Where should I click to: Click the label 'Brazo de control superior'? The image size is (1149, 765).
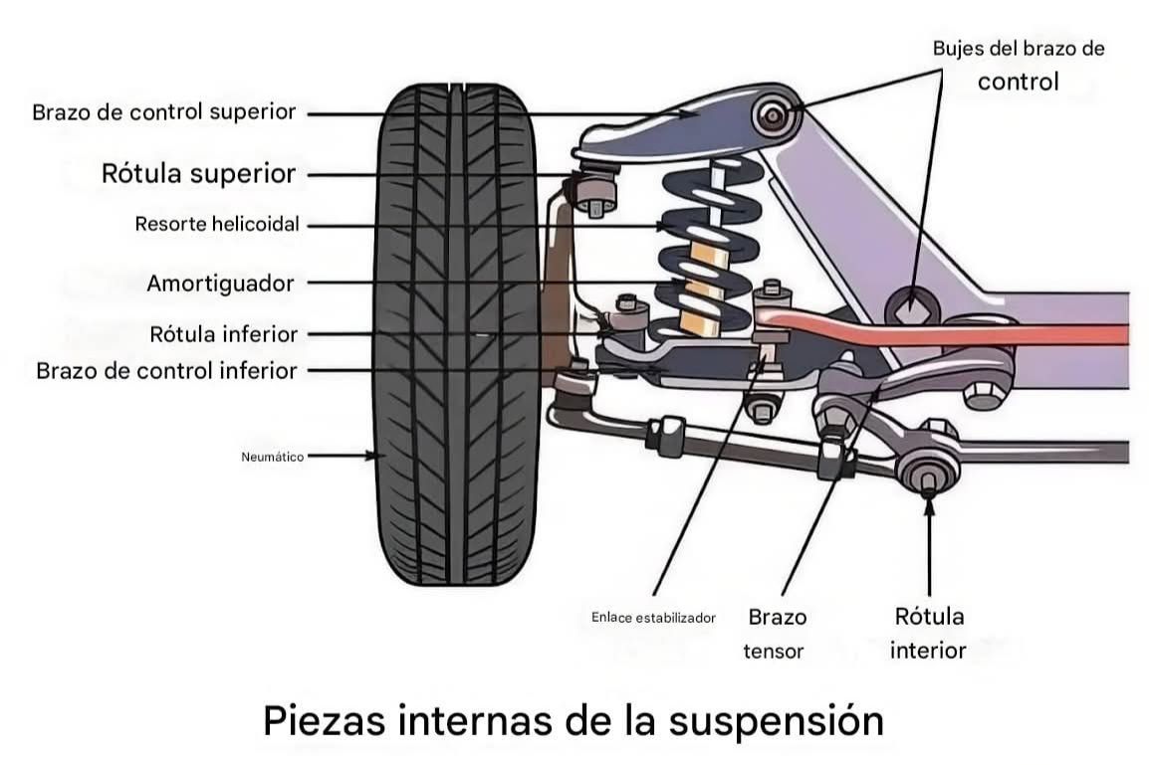(x=163, y=112)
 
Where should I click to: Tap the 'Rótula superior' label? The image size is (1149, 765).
(x=198, y=174)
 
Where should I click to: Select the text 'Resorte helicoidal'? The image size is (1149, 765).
(x=216, y=225)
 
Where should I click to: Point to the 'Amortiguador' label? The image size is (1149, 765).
(x=220, y=284)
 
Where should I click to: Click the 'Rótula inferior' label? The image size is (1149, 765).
(x=223, y=334)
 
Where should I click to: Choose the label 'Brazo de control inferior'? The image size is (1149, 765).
(x=166, y=371)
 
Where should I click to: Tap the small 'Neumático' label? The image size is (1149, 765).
(x=272, y=457)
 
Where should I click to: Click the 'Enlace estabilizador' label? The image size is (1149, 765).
(x=652, y=618)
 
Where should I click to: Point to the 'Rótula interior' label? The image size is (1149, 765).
(x=928, y=633)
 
